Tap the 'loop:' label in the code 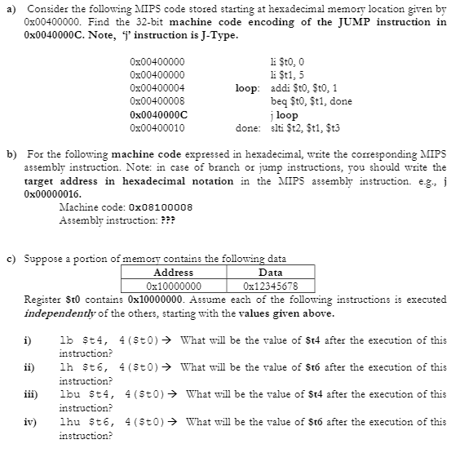tap(246, 87)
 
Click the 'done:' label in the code tap(247, 128)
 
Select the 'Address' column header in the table tap(173, 273)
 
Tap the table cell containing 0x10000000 tap(173, 286)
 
